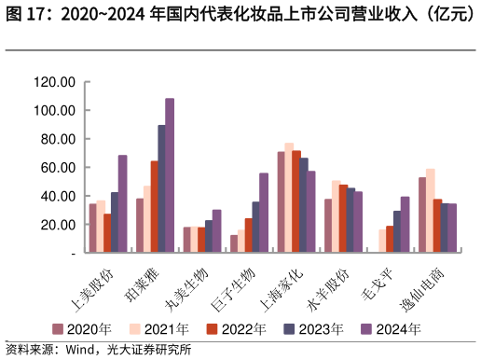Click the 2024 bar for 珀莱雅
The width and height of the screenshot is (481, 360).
[x=170, y=175]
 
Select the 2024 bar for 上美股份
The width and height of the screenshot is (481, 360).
[x=122, y=203]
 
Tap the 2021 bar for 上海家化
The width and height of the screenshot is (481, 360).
[x=289, y=198]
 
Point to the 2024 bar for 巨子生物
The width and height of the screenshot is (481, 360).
[x=264, y=213]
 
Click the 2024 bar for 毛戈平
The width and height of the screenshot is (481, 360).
[x=405, y=224]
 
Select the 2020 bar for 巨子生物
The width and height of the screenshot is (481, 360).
[x=234, y=243]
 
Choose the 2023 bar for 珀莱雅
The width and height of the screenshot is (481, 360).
[x=161, y=188]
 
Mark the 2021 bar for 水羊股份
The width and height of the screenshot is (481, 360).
[x=336, y=216]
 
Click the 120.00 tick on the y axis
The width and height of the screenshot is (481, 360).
[x=53, y=82]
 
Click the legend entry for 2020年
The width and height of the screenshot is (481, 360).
[x=83, y=329]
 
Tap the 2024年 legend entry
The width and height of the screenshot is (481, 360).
[x=391, y=329]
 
